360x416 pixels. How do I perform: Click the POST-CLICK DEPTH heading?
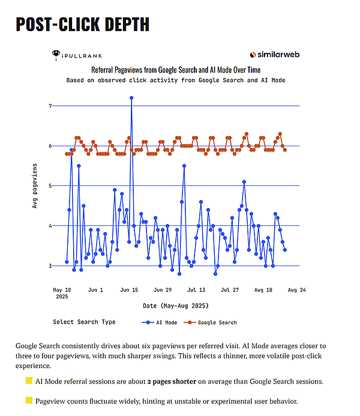click(x=82, y=25)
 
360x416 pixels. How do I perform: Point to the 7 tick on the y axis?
click(x=50, y=106)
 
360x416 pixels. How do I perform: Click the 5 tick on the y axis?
click(x=50, y=186)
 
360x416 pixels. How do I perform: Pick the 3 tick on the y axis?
click(x=50, y=266)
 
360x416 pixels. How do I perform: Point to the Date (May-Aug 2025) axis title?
click(x=175, y=306)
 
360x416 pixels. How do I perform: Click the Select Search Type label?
click(x=84, y=322)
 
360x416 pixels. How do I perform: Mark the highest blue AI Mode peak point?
click(x=131, y=98)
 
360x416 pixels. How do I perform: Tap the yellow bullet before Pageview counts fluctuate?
click(x=28, y=400)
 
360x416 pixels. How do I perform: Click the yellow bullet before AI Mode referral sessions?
click(x=28, y=381)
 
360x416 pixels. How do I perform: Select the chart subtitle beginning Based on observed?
click(x=176, y=80)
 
